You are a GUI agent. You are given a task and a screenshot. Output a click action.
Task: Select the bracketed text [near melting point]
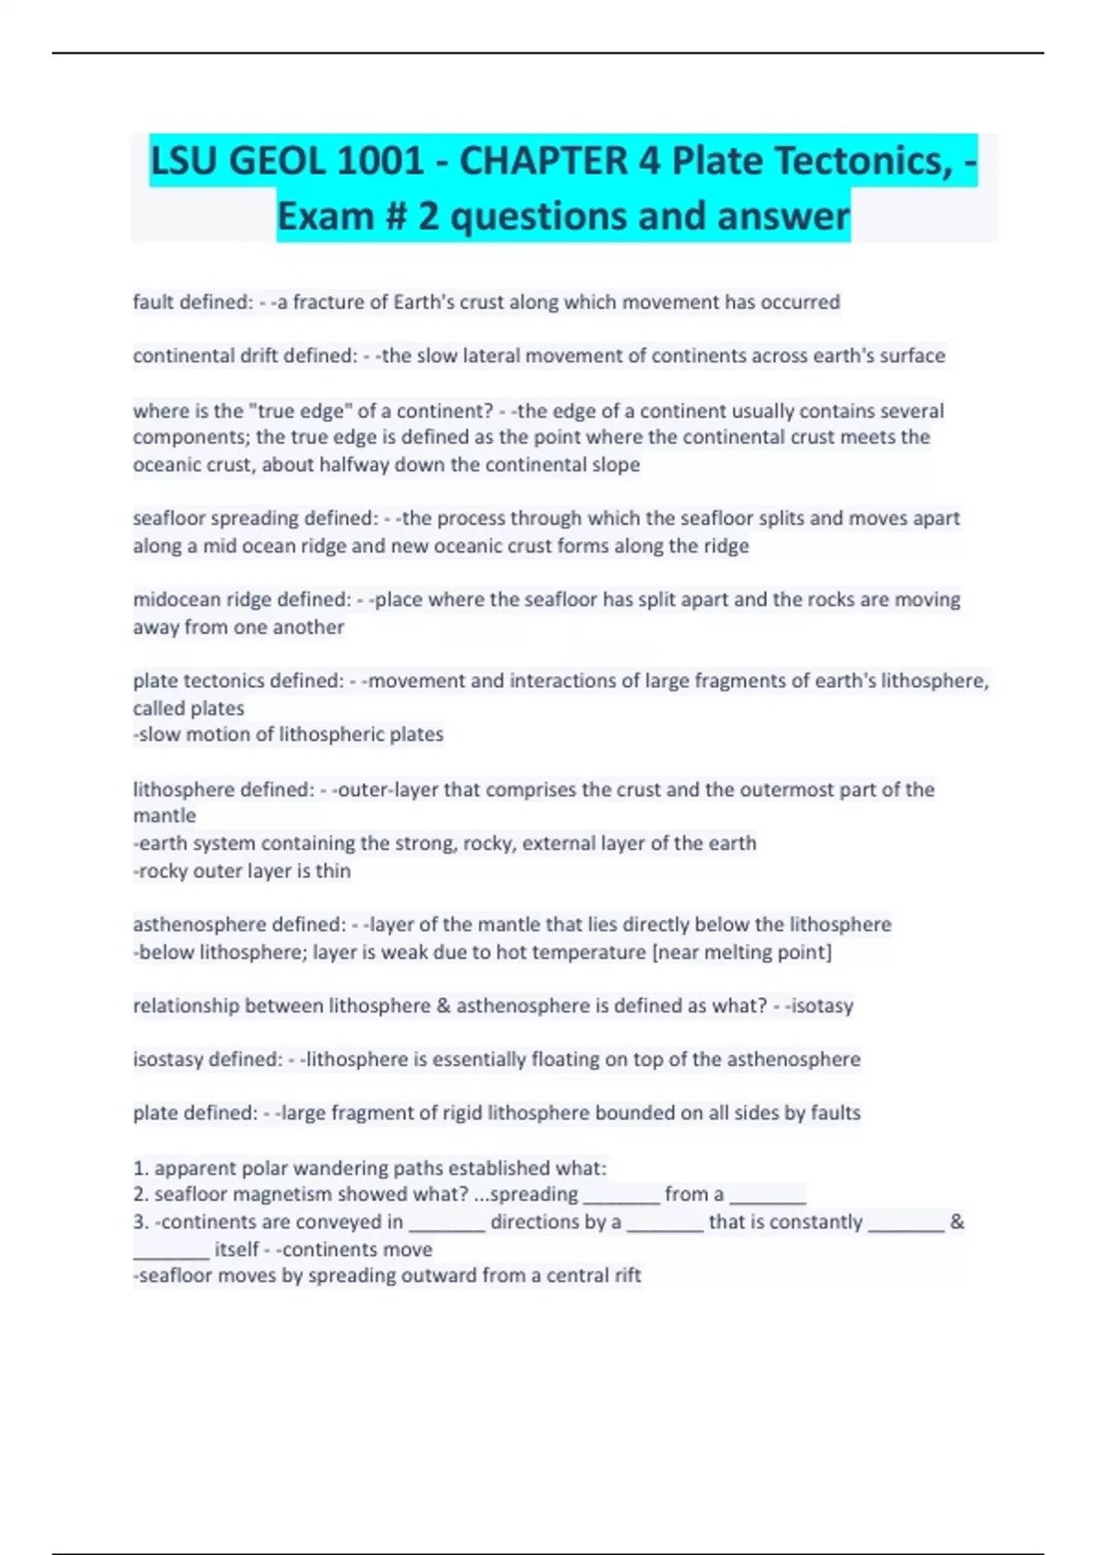pyautogui.click(x=741, y=952)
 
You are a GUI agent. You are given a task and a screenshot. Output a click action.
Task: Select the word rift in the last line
pyautogui.click(x=624, y=1275)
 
